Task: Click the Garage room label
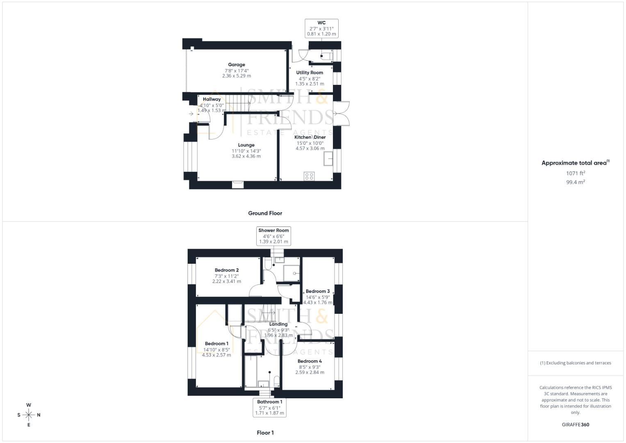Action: [x=237, y=65]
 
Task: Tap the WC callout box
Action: [x=321, y=28]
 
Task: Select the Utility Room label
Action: [x=310, y=73]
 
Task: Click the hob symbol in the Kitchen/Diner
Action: [x=309, y=176]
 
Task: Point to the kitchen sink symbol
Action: [x=328, y=159]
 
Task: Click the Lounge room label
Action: [x=246, y=145]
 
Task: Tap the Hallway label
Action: [x=212, y=99]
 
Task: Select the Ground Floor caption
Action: [x=265, y=213]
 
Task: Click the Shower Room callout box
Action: [x=273, y=236]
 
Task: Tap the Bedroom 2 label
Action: [x=227, y=270]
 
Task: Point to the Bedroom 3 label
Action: [x=318, y=292]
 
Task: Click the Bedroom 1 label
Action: [x=216, y=344]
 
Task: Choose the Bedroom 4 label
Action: [x=310, y=361]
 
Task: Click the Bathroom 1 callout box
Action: [x=270, y=407]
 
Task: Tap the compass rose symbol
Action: [x=29, y=415]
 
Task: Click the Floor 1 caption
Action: [x=265, y=433]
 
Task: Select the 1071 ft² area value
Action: [x=576, y=173]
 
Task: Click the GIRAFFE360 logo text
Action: [x=576, y=425]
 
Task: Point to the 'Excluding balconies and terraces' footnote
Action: [x=576, y=363]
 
